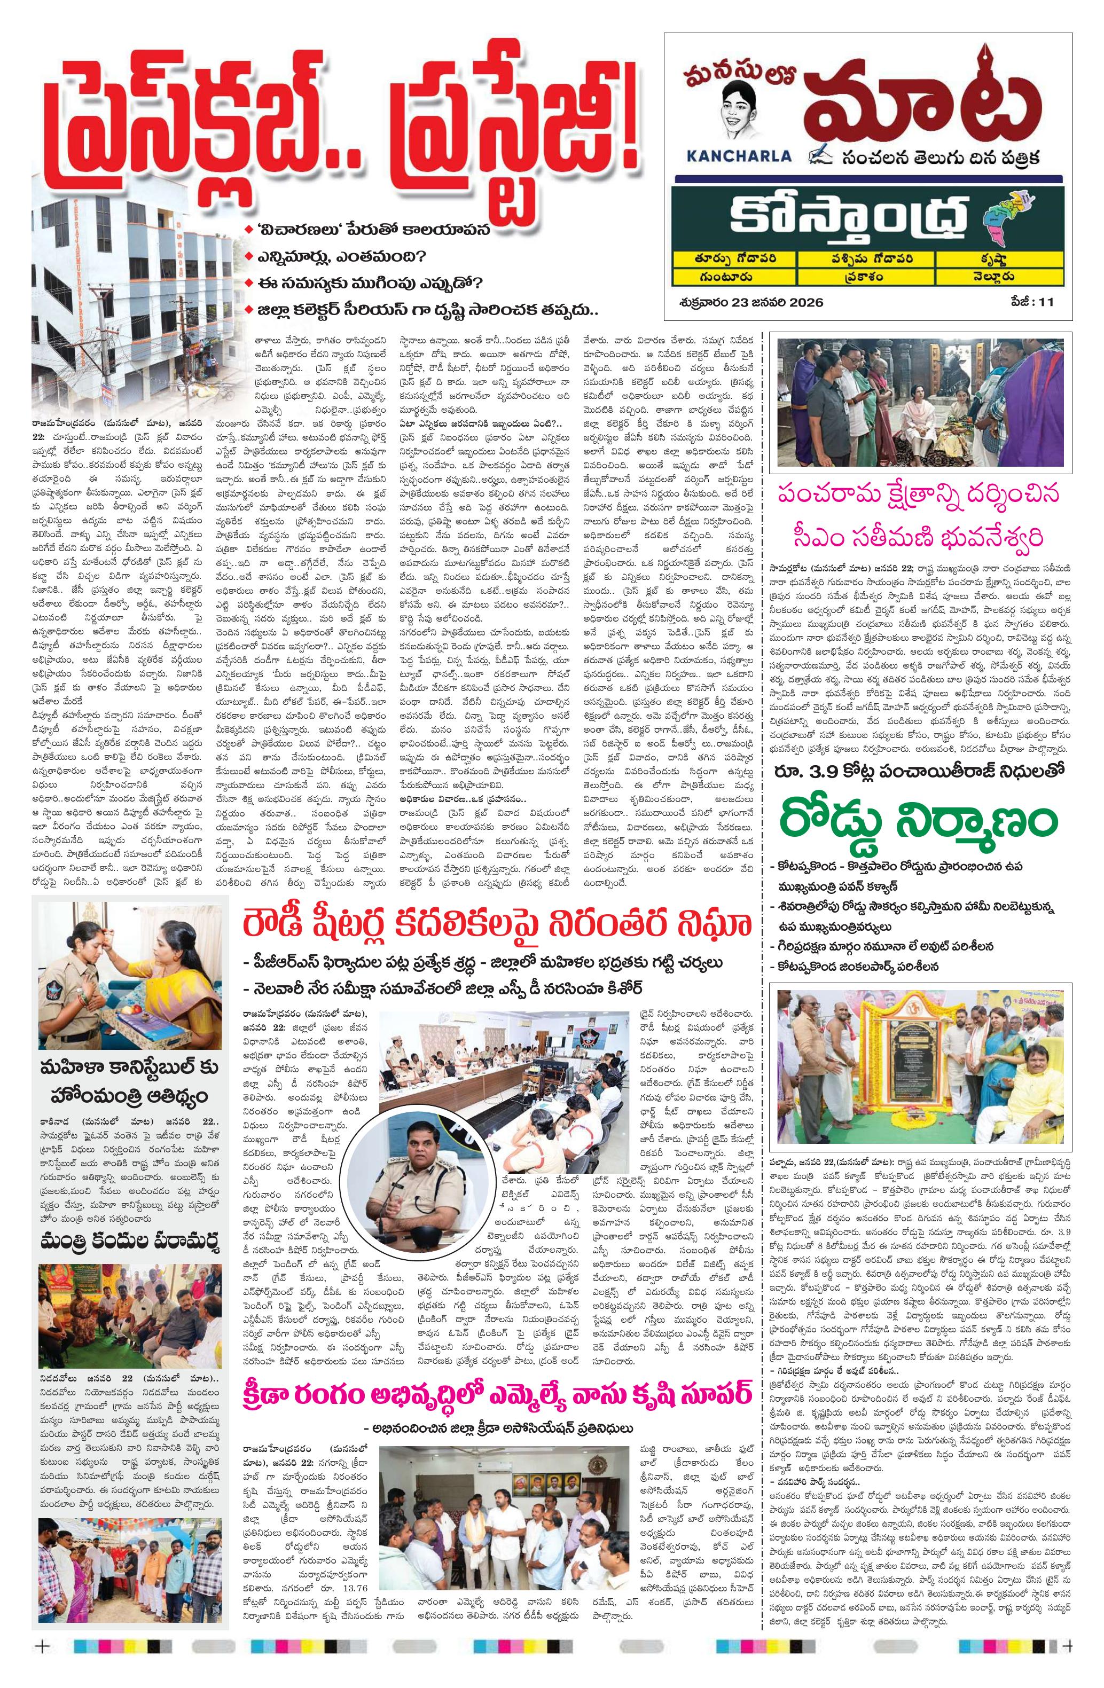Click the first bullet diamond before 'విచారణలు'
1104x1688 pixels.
coord(247,231)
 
